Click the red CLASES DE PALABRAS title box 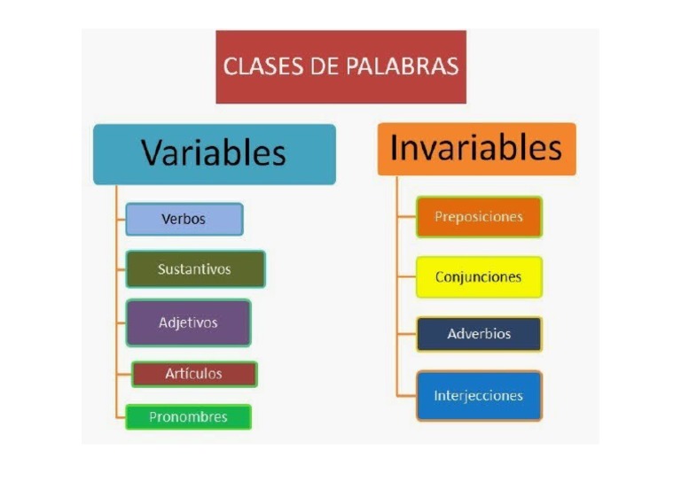pyautogui.click(x=340, y=66)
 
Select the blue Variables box pyautogui.click(x=214, y=153)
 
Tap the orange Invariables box pyautogui.click(x=476, y=148)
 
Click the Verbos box pyautogui.click(x=184, y=219)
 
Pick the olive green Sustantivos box pyautogui.click(x=195, y=269)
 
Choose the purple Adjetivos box pyautogui.click(x=188, y=322)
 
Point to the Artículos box pyautogui.click(x=194, y=374)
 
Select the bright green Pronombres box pyautogui.click(x=188, y=417)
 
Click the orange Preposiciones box pyautogui.click(x=479, y=217)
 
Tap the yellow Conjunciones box pyautogui.click(x=479, y=277)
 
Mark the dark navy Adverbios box pyautogui.click(x=479, y=334)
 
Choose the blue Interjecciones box pyautogui.click(x=479, y=395)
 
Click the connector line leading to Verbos pyautogui.click(x=121, y=219)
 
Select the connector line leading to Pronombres pyautogui.click(x=121, y=417)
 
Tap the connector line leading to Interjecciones pyautogui.click(x=407, y=395)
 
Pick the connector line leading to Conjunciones pyautogui.click(x=407, y=277)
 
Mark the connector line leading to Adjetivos pyautogui.click(x=121, y=322)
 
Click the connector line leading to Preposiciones pyautogui.click(x=407, y=217)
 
